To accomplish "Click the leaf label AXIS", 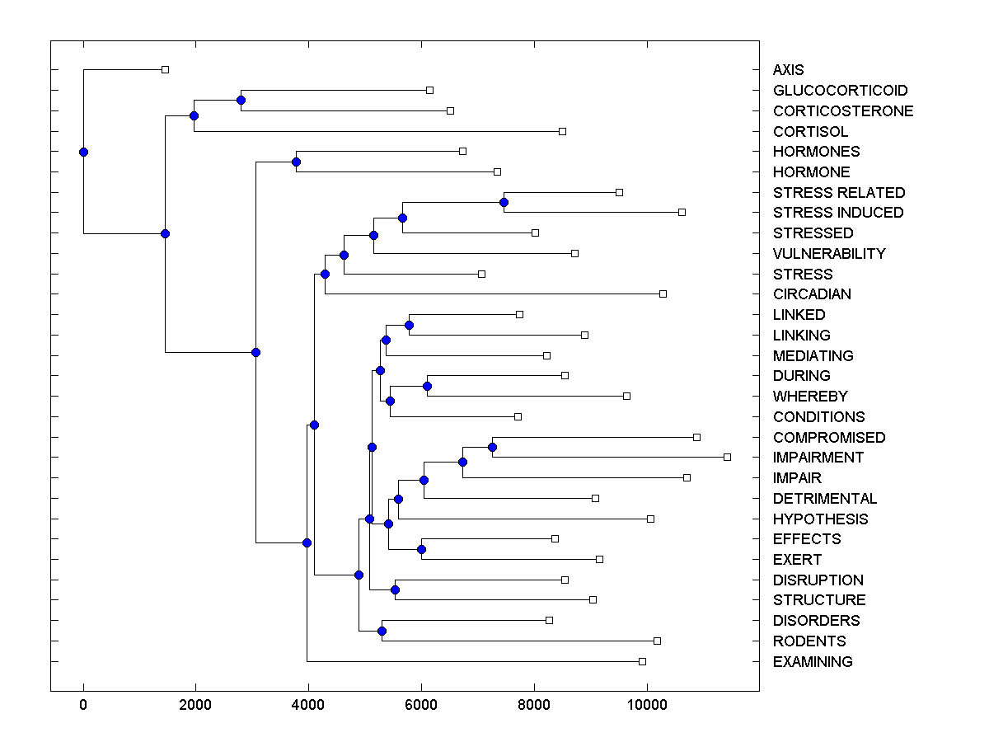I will click(788, 70).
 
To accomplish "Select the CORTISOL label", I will click(810, 132).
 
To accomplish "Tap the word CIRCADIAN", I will click(812, 294).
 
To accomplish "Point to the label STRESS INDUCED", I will click(838, 213).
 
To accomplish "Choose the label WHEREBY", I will click(810, 397).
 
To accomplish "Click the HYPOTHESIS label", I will click(820, 519).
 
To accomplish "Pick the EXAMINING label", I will click(813, 662).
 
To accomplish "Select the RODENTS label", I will click(809, 641).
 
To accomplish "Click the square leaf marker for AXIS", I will click(165, 69).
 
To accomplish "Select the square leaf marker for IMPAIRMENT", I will click(727, 457).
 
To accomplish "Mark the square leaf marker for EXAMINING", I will click(642, 661).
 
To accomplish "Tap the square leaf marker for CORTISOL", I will click(562, 131).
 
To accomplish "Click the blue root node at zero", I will click(83, 152).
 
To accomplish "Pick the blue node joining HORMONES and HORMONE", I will click(296, 162).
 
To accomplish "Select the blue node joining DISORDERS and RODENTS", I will click(382, 631).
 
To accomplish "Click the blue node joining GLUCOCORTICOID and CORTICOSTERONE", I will click(241, 100).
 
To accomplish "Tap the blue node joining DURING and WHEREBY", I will click(427, 386).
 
